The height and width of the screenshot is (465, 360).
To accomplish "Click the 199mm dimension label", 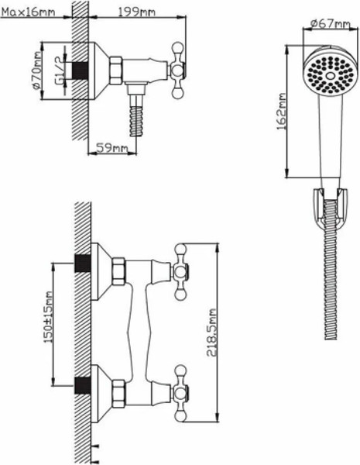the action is click(137, 12).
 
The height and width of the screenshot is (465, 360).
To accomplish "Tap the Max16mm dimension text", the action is click(29, 12).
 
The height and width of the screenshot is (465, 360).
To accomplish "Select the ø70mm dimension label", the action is click(36, 71).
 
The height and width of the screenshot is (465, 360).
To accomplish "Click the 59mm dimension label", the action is click(112, 148).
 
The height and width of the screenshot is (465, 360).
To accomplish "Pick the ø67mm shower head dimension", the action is click(331, 23).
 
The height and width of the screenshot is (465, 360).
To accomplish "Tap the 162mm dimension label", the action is click(282, 112).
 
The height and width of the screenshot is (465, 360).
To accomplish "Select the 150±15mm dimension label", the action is click(48, 317).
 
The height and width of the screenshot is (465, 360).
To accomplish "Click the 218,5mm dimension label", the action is click(212, 332).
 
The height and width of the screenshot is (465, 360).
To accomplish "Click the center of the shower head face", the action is click(330, 76).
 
